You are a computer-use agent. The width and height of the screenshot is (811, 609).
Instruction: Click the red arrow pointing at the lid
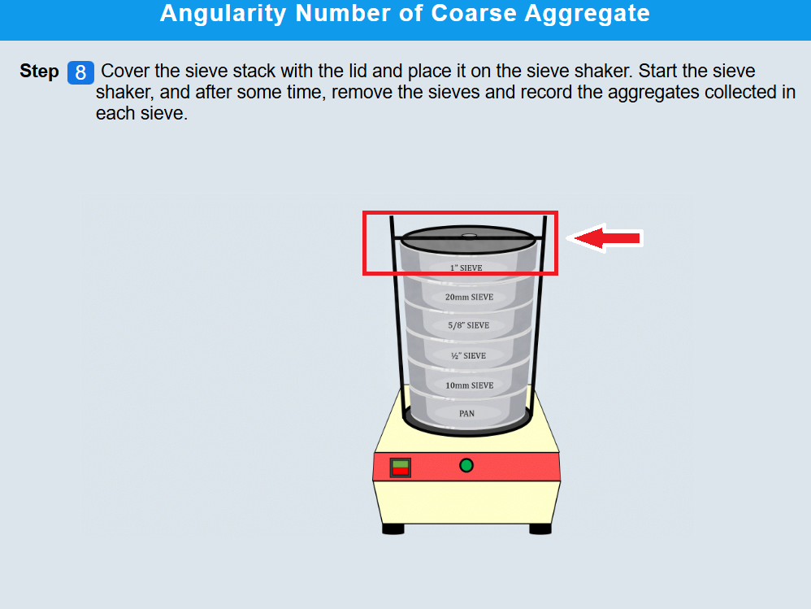pos(605,238)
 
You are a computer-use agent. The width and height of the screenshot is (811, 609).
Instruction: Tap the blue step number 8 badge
pos(80,72)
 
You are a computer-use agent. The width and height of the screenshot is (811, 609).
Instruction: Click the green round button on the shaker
pos(466,466)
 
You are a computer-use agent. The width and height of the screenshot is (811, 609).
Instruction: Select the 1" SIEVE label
pos(466,268)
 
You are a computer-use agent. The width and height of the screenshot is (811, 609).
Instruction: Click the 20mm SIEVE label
pos(469,297)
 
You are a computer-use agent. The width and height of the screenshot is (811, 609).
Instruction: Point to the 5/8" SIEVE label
pos(469,325)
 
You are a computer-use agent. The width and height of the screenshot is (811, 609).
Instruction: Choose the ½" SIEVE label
pos(469,355)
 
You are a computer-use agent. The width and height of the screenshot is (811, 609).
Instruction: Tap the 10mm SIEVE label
pos(470,385)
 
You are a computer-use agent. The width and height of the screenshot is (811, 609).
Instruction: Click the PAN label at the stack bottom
pos(466,413)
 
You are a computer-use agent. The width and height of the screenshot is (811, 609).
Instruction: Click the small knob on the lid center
pos(469,236)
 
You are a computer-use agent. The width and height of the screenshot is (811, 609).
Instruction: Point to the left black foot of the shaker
pos(393,529)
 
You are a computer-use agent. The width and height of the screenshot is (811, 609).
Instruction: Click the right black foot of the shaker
pos(540,529)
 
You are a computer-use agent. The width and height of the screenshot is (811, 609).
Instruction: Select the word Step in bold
pos(39,72)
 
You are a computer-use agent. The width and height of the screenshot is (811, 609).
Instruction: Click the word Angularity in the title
pos(223,13)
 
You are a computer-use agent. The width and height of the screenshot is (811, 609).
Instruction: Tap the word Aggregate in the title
pos(587,13)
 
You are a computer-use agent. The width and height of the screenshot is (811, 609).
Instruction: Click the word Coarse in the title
pos(474,13)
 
